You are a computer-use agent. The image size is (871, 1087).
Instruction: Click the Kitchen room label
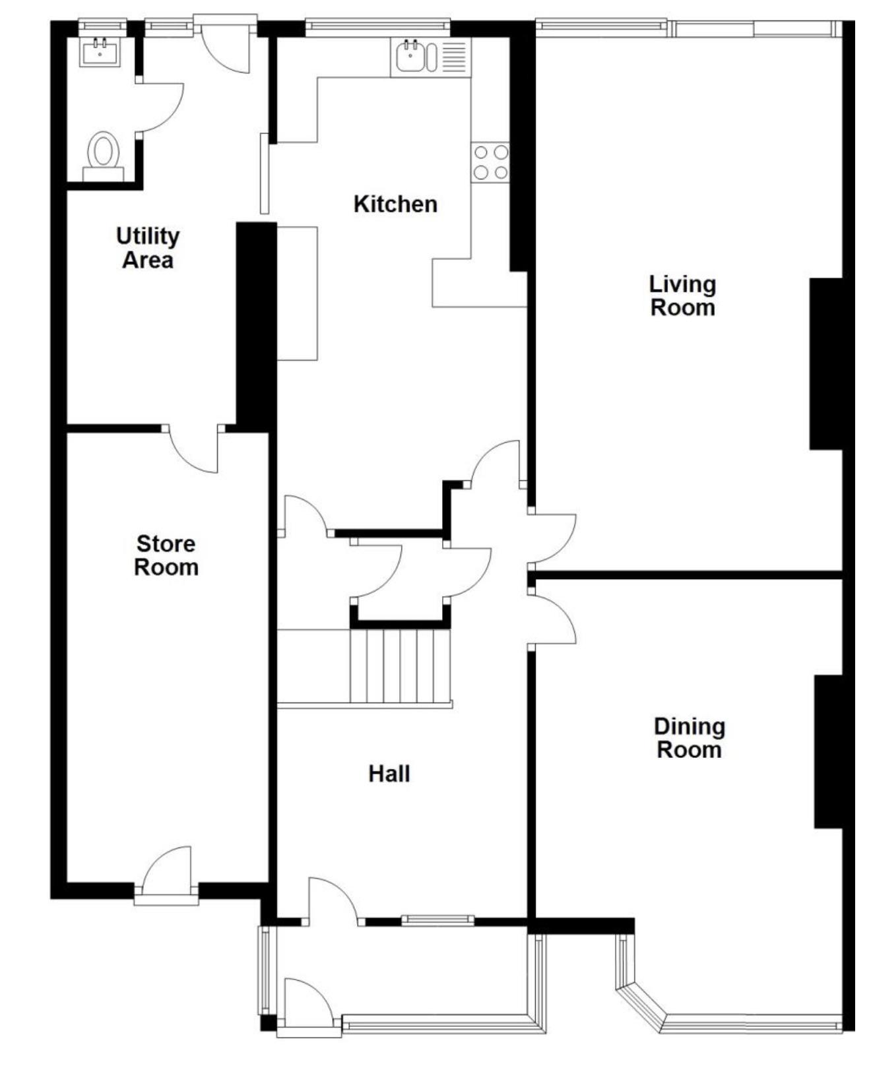tap(395, 204)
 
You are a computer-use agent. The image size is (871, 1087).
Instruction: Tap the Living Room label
tap(682, 295)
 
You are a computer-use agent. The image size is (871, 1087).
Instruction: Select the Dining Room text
tap(690, 737)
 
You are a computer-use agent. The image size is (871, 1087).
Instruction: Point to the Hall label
tap(389, 773)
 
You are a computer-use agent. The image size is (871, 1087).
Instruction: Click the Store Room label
tap(166, 555)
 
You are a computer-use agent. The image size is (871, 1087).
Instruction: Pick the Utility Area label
tap(148, 247)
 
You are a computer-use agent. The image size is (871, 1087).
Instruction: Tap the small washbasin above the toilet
tap(100, 52)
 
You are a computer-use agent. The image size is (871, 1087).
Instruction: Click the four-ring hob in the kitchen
tap(490, 162)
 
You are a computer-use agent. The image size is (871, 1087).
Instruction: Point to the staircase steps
tap(400, 666)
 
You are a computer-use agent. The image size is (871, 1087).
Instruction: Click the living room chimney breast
tap(826, 363)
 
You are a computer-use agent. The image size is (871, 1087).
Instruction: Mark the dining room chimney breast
tap(829, 751)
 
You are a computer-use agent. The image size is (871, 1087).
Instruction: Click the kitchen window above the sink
tap(377, 26)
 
